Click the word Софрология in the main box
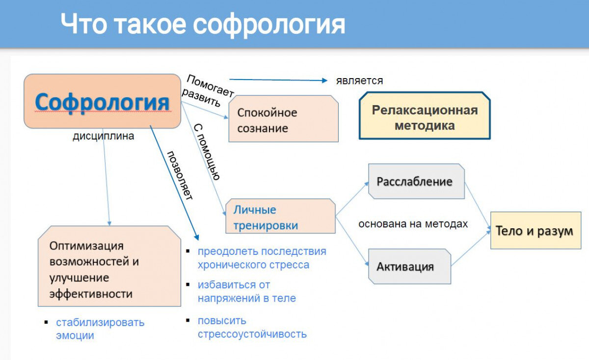click(x=102, y=102)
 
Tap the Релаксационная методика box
click(x=425, y=117)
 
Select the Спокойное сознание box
click(x=283, y=120)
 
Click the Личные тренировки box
click(x=280, y=218)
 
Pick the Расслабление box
click(x=415, y=181)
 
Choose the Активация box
click(x=408, y=267)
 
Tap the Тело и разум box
click(x=535, y=231)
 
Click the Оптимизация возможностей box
click(x=109, y=270)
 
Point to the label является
click(x=359, y=81)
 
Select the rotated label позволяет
click(x=180, y=175)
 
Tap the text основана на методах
click(x=413, y=224)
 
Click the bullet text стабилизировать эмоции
click(x=100, y=329)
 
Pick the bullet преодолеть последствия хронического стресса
click(x=262, y=258)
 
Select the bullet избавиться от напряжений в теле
click(x=246, y=291)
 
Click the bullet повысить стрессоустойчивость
click(x=252, y=327)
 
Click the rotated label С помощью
click(x=207, y=152)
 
